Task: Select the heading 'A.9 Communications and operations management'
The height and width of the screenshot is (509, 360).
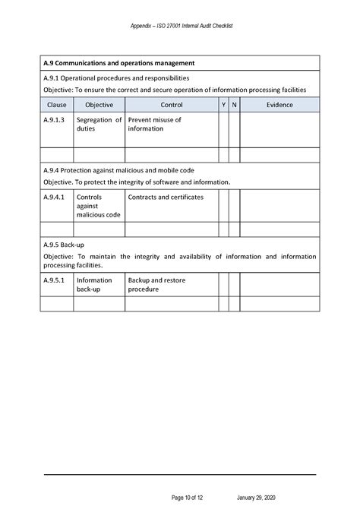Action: click(x=120, y=63)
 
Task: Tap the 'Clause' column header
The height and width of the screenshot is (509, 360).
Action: click(x=56, y=104)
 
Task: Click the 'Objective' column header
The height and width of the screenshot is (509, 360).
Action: click(x=99, y=104)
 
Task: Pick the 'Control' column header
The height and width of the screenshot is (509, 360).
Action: click(x=172, y=104)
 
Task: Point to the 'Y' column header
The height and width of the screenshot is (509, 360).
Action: click(x=223, y=104)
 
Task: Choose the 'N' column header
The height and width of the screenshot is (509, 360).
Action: click(x=235, y=104)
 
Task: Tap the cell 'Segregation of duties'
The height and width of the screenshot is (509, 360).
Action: click(x=99, y=125)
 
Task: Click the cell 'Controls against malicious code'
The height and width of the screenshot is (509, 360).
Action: click(x=99, y=206)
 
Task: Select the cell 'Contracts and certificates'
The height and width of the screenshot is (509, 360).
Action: click(x=166, y=198)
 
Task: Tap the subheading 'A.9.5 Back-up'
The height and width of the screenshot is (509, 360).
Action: click(x=64, y=245)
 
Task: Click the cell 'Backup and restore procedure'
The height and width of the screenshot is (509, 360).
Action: click(x=156, y=285)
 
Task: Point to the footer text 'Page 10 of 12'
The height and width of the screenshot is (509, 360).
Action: click(x=188, y=498)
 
